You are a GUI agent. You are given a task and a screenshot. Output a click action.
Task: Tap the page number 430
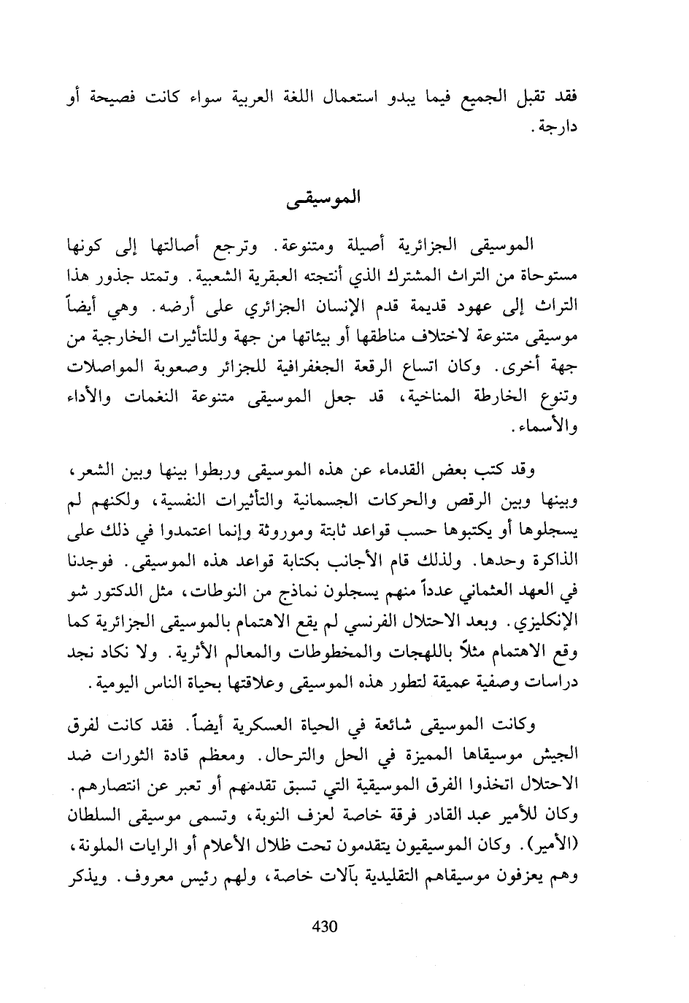tap(323, 926)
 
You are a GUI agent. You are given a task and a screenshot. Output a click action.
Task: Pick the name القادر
tap(417, 815)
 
